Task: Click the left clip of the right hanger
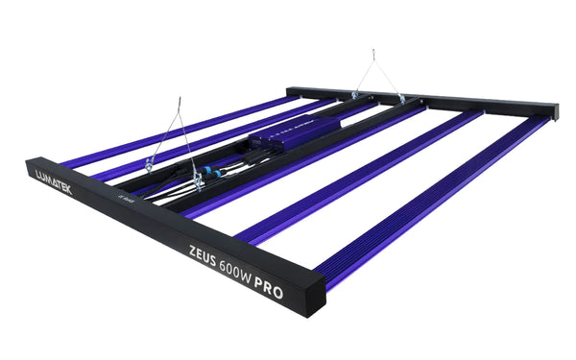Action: [x=354, y=94]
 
